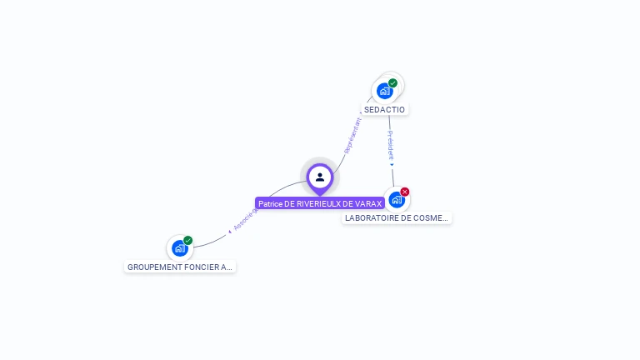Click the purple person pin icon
(320, 177)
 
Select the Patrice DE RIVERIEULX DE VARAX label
(320, 203)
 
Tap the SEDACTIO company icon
(384, 91)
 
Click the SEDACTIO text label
(384, 109)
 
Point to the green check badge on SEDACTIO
(392, 83)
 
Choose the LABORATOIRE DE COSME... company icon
(397, 200)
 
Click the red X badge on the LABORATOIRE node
(405, 192)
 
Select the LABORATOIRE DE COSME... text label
(397, 218)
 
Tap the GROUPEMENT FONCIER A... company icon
(179, 248)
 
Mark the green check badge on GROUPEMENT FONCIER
(188, 240)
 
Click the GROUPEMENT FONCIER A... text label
(179, 267)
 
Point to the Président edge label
(390, 144)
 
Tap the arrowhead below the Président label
(392, 164)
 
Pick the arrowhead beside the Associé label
(230, 232)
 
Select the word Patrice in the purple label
(270, 203)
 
